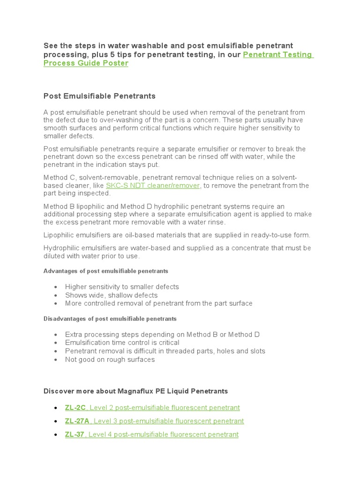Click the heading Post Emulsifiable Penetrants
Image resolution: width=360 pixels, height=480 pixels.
99,96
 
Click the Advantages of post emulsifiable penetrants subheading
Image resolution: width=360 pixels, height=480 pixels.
105,271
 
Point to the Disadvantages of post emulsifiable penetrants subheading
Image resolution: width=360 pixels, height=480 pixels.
110,319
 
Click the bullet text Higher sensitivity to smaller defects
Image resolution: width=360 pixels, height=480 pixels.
122,286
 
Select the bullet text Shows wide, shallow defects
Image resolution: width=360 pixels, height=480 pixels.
111,295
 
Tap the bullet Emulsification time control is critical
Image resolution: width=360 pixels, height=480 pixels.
122,343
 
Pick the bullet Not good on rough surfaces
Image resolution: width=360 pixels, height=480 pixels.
110,360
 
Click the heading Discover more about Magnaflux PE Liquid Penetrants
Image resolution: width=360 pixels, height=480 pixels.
135,391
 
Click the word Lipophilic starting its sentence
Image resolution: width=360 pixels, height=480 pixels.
59,235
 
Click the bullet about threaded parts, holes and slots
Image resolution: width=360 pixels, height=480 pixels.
165,351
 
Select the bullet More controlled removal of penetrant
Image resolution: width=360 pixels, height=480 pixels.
158,303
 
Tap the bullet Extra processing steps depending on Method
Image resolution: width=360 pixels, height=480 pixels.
162,334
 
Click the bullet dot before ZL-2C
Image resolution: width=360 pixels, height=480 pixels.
56,408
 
